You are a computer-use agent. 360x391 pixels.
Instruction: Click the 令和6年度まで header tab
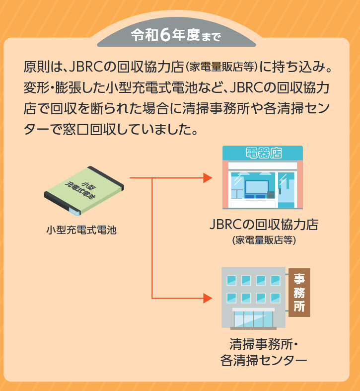point(176,35)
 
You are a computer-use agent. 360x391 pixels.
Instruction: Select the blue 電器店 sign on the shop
point(262,153)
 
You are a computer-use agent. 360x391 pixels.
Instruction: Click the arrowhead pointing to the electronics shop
point(208,177)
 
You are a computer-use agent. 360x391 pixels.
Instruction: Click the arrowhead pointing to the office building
point(208,298)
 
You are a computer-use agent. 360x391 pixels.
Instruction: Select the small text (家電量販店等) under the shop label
point(264,240)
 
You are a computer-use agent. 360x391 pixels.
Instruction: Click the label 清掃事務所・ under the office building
point(263,344)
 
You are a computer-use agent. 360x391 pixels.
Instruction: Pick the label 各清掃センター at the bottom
point(263,361)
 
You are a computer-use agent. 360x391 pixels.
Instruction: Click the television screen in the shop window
point(257,187)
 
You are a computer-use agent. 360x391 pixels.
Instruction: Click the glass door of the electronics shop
point(287,190)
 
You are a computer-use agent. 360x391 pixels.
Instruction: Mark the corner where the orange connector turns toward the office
point(152,298)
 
